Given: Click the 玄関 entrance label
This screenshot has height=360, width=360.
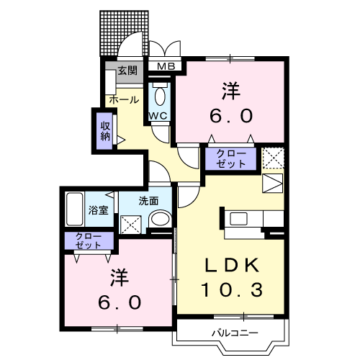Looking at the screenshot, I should click(127, 71).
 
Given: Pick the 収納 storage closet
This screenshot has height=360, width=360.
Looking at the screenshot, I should click(104, 130).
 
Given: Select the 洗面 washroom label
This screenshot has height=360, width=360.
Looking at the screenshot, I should click(148, 201).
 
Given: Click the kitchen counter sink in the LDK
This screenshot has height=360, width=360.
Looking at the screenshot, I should click(238, 218).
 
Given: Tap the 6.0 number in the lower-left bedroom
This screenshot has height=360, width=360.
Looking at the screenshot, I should click(115, 302).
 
